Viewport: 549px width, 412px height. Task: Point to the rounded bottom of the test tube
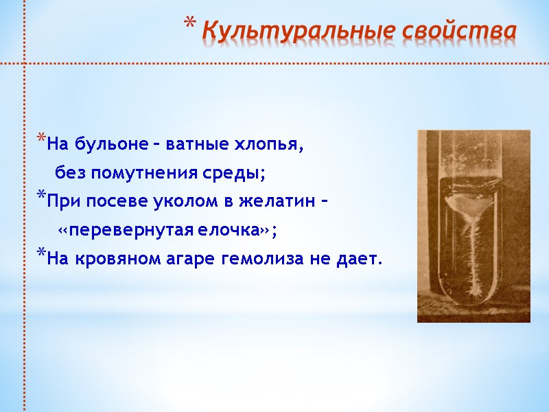(474, 302)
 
